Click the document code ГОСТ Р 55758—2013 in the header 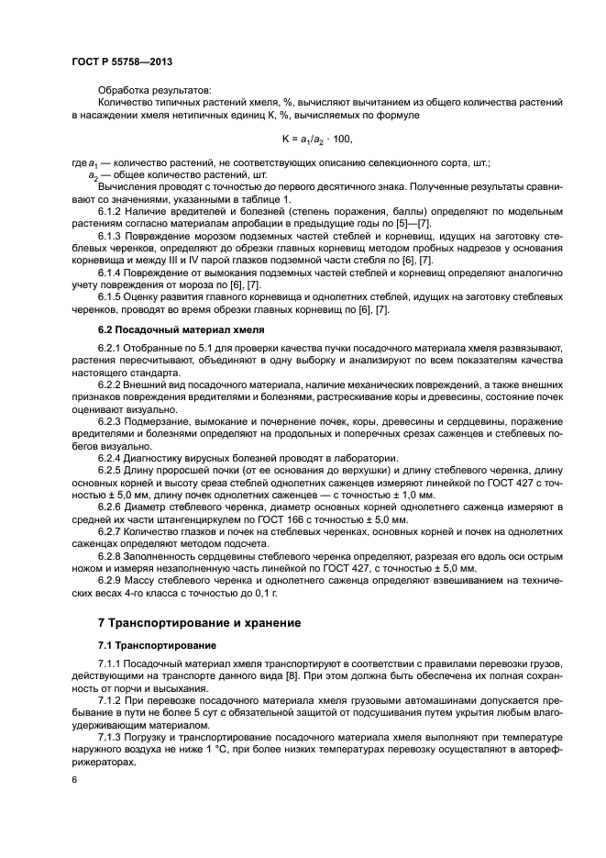pos(121,61)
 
